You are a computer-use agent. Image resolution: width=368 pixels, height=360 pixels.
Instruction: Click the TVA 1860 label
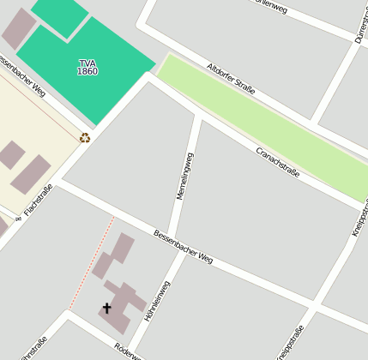pyautogui.click(x=87, y=67)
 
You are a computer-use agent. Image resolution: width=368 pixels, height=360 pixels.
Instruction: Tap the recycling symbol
pyautogui.click(x=85, y=138)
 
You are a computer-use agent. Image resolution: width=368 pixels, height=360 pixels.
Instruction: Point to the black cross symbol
pyautogui.click(x=107, y=308)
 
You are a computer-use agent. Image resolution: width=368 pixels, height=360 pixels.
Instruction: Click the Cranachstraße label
pyautogui.click(x=278, y=161)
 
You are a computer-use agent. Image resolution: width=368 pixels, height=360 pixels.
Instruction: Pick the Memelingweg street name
pyautogui.click(x=185, y=176)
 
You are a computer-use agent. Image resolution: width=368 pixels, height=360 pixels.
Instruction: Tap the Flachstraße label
pyautogui.click(x=38, y=199)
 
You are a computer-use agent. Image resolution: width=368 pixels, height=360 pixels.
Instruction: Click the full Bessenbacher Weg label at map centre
pyautogui.click(x=183, y=246)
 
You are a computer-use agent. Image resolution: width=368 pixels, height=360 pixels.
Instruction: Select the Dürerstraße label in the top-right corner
pyautogui.click(x=360, y=26)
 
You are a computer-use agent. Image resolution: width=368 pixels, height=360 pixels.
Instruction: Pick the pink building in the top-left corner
pyautogui.click(x=17, y=27)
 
